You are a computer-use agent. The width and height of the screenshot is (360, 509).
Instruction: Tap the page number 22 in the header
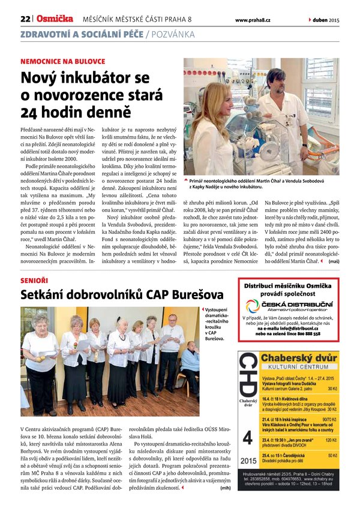(25, 20)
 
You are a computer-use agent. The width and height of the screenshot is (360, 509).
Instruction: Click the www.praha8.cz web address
(253, 20)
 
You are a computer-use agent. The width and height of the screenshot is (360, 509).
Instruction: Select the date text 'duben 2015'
(326, 20)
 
